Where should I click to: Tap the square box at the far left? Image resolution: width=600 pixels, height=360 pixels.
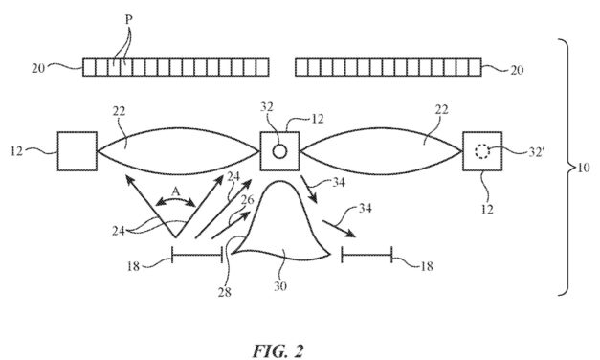(76, 150)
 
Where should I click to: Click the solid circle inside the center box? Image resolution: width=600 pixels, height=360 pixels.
(278, 151)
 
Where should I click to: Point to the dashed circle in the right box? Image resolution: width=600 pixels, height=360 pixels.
(482, 151)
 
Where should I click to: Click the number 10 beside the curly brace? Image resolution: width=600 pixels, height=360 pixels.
(584, 168)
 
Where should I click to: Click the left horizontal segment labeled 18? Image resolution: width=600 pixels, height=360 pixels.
(196, 254)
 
